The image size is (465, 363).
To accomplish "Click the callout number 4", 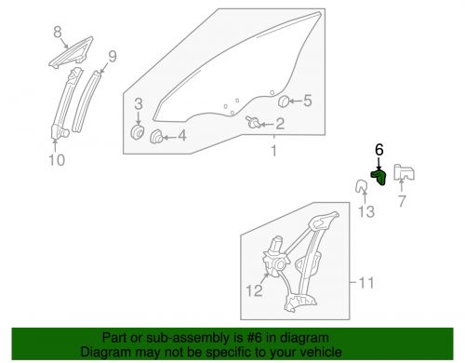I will coord(181,135).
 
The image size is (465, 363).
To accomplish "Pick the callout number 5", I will coord(310,101).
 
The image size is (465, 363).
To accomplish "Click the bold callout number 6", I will coord(379,149).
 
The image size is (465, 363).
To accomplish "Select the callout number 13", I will coord(366,213).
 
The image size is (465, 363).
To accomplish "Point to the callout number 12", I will coord(253,291).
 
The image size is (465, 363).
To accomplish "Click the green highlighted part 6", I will coord(379,174).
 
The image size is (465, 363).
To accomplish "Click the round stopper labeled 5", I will coord(286,101).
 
